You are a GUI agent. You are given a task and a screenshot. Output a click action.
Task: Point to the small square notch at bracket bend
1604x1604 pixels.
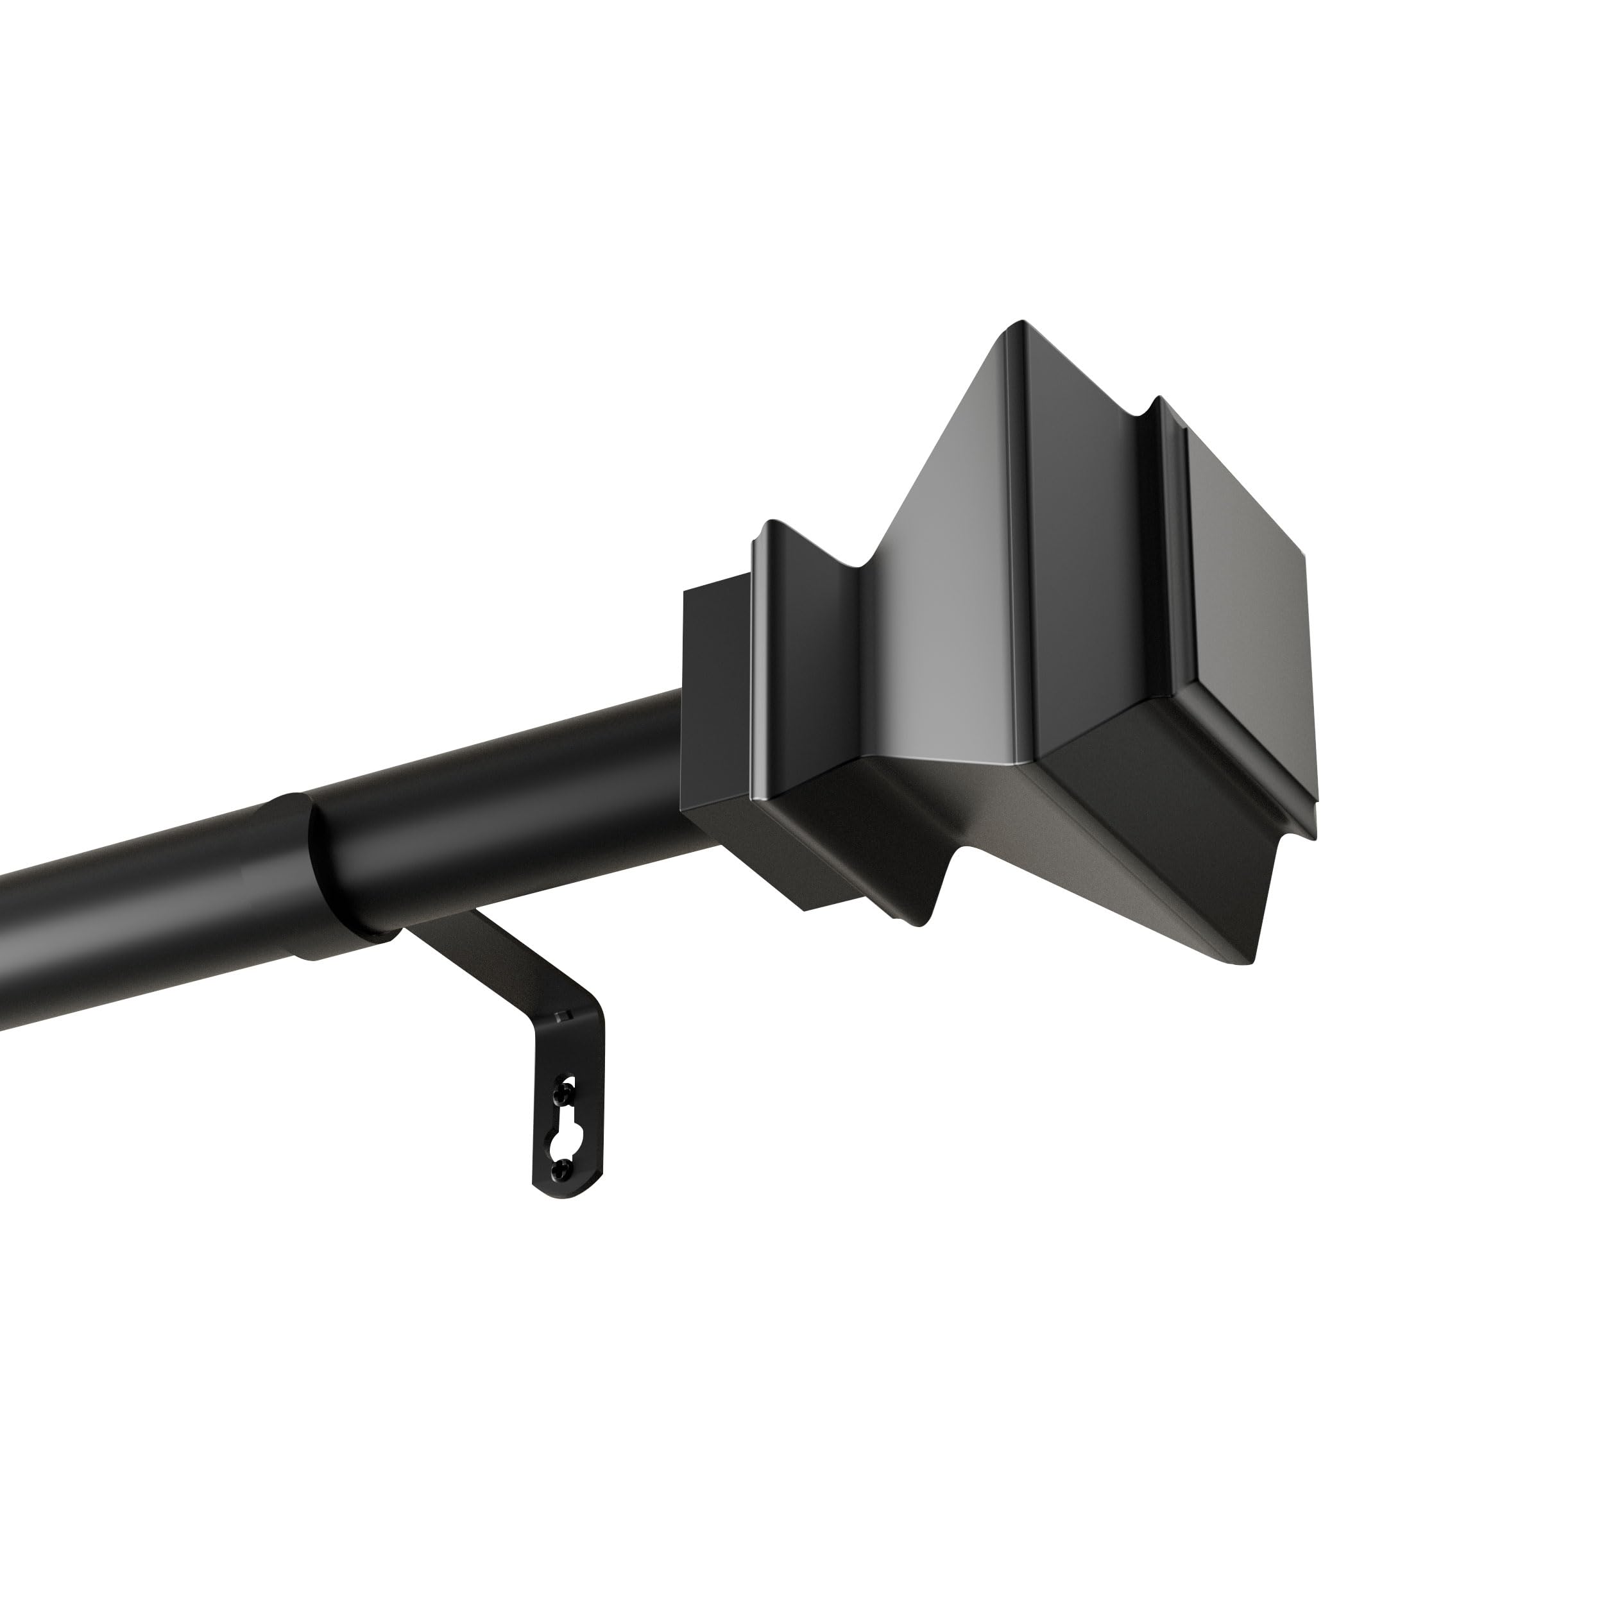point(564,1016)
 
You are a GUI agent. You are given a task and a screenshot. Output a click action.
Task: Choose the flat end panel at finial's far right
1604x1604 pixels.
point(1245,573)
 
